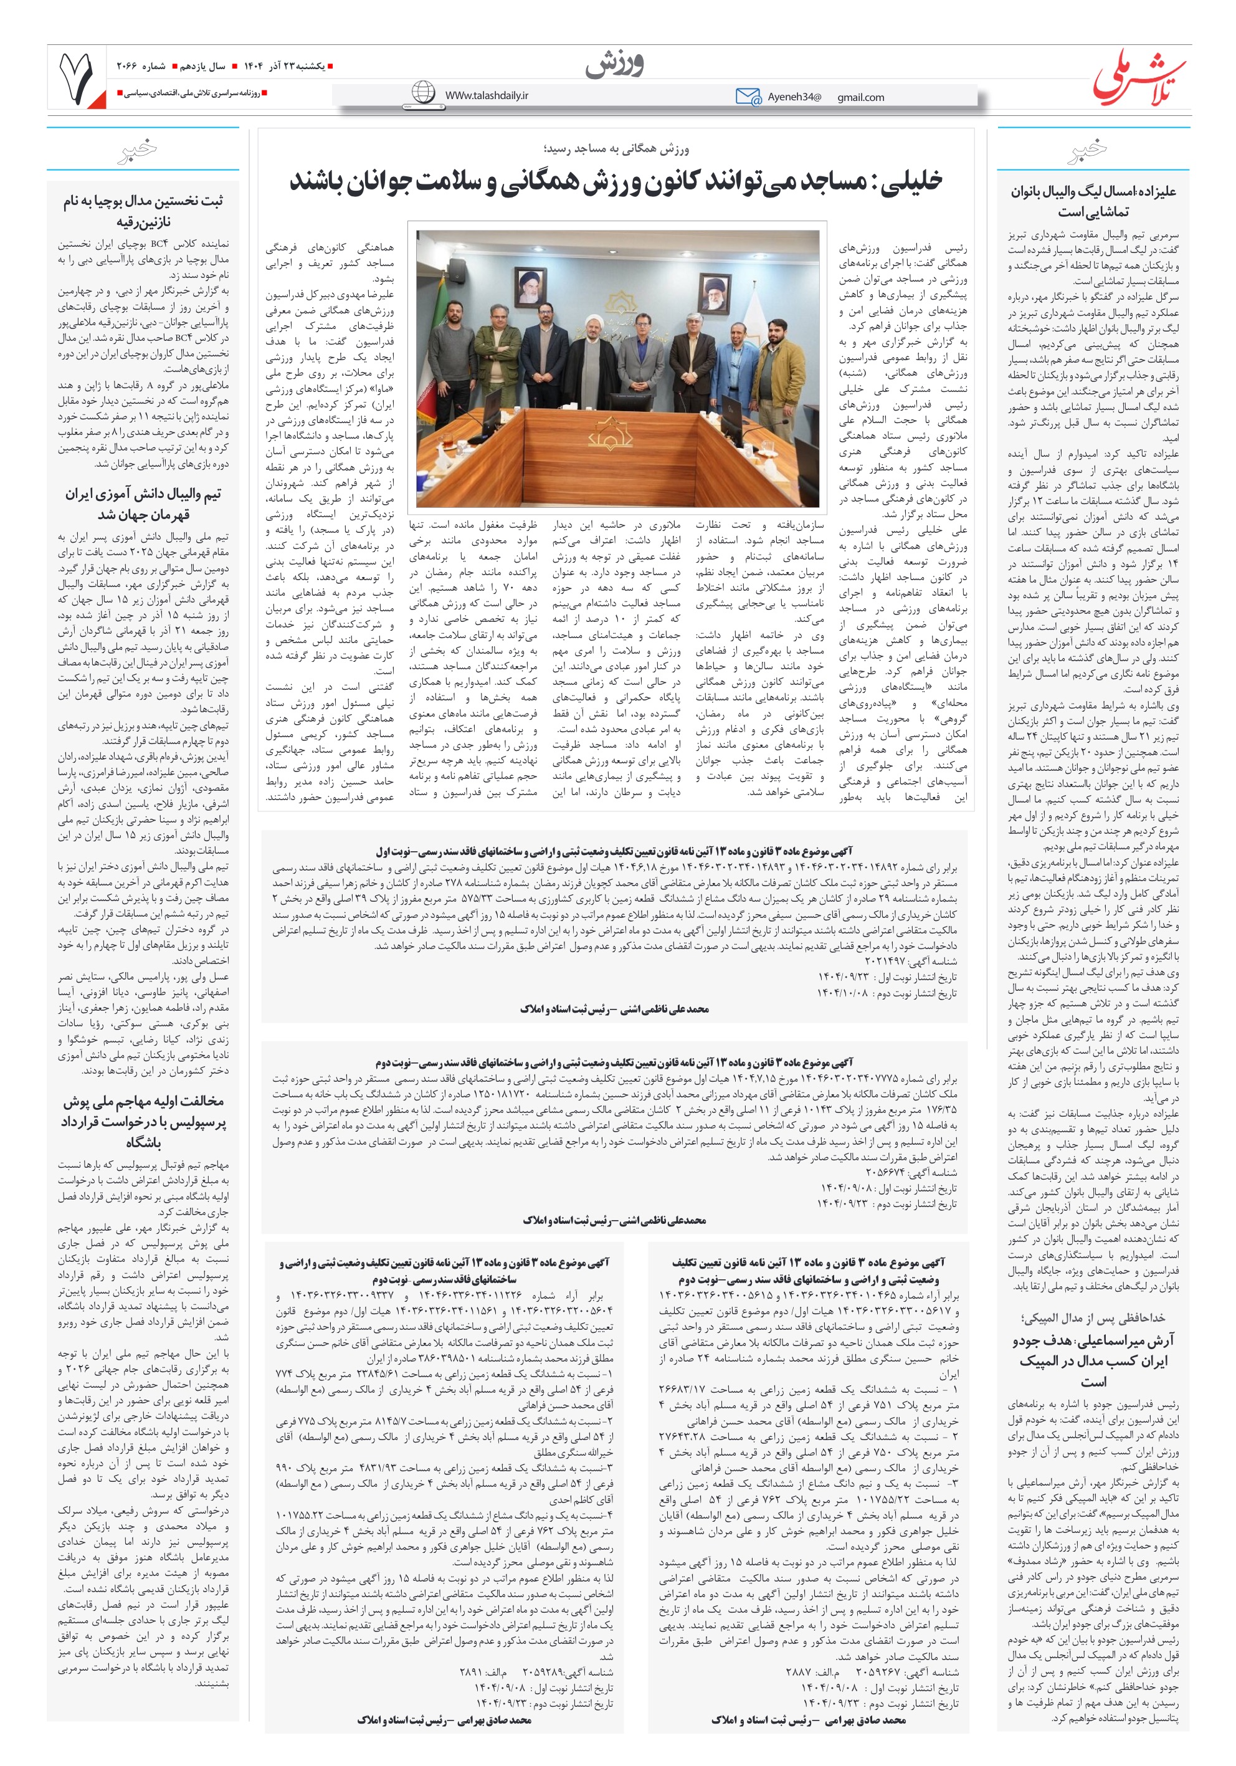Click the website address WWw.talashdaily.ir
[x=486, y=95]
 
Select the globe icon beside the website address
[x=423, y=93]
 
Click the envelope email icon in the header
[x=747, y=96]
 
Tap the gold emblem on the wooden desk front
[x=610, y=434]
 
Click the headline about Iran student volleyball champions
[x=143, y=504]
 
